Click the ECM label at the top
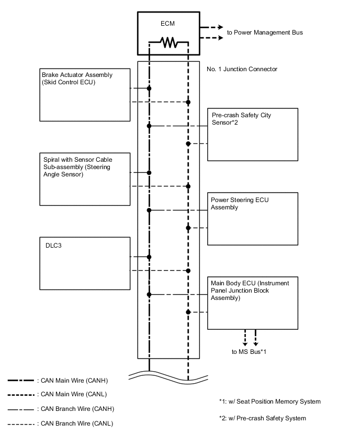pyautogui.click(x=168, y=24)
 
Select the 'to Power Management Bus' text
pyautogui.click(x=264, y=32)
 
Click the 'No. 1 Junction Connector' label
pyautogui.click(x=242, y=69)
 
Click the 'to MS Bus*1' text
pyautogui.click(x=249, y=351)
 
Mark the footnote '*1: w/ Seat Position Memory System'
pyautogui.click(x=269, y=402)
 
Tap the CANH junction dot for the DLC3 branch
pyautogui.click(x=149, y=257)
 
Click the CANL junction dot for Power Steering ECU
pyautogui.click(x=188, y=228)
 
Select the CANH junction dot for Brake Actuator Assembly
pyautogui.click(x=149, y=88)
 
